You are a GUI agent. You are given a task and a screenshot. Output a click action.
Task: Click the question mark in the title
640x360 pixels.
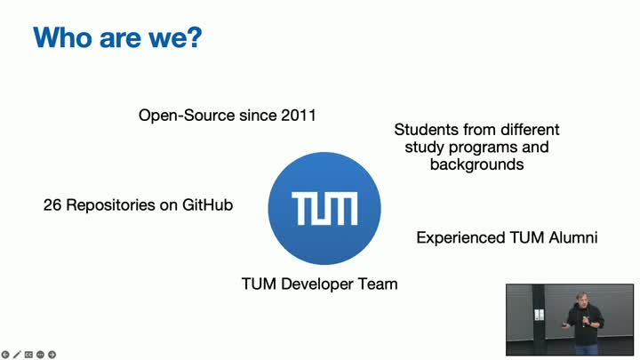click(x=196, y=37)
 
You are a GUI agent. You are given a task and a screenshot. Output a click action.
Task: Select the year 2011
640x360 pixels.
click(x=299, y=115)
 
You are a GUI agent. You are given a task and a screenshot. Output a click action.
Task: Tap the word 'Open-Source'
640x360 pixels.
click(x=187, y=116)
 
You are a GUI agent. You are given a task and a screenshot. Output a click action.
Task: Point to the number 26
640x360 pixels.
click(x=52, y=205)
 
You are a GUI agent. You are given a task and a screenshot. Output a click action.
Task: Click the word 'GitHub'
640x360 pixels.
click(x=207, y=204)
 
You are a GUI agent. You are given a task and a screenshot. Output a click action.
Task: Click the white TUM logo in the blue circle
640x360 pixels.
click(x=324, y=209)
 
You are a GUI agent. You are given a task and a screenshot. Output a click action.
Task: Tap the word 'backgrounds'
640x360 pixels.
click(x=476, y=164)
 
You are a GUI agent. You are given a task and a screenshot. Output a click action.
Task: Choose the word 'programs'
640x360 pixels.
click(x=483, y=148)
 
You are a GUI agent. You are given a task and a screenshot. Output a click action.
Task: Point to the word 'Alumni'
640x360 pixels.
click(x=573, y=237)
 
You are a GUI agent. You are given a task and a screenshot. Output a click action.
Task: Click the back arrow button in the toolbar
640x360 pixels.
click(x=5, y=355)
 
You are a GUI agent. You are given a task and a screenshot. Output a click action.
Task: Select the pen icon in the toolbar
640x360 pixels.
click(x=17, y=355)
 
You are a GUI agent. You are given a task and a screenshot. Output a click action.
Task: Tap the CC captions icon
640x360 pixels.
click(x=28, y=355)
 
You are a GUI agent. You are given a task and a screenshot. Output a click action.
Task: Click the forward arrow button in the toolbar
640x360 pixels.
click(x=52, y=355)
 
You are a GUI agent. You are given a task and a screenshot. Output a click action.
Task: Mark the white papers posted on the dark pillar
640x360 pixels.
click(x=539, y=315)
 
